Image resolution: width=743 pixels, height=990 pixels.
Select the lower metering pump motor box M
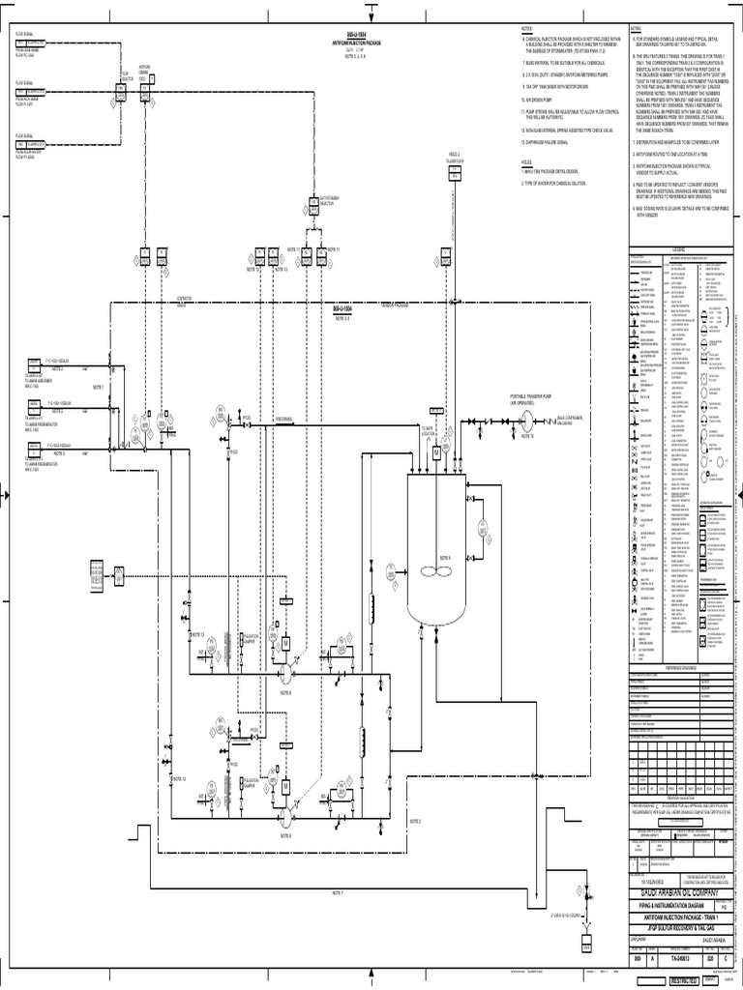286,786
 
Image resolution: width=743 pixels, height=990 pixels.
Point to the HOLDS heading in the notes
526,162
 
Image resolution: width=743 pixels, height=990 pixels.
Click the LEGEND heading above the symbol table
678,248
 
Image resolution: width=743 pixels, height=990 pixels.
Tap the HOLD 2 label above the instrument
455,154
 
